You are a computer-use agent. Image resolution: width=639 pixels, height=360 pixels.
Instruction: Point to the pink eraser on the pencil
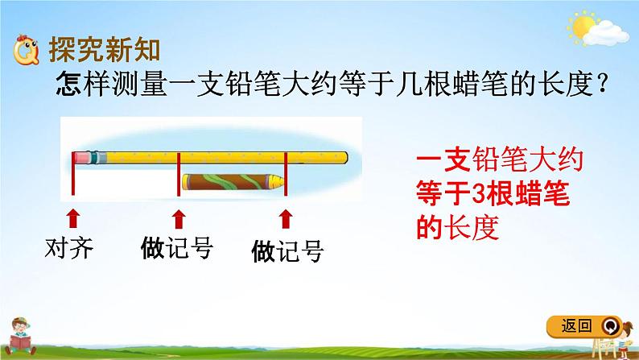pyautogui.click(x=81, y=155)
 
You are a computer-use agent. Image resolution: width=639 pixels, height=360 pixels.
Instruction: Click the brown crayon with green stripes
pyautogui.click(x=229, y=181)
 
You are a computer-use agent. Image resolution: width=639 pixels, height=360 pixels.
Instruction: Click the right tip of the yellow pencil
pyautogui.click(x=348, y=155)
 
